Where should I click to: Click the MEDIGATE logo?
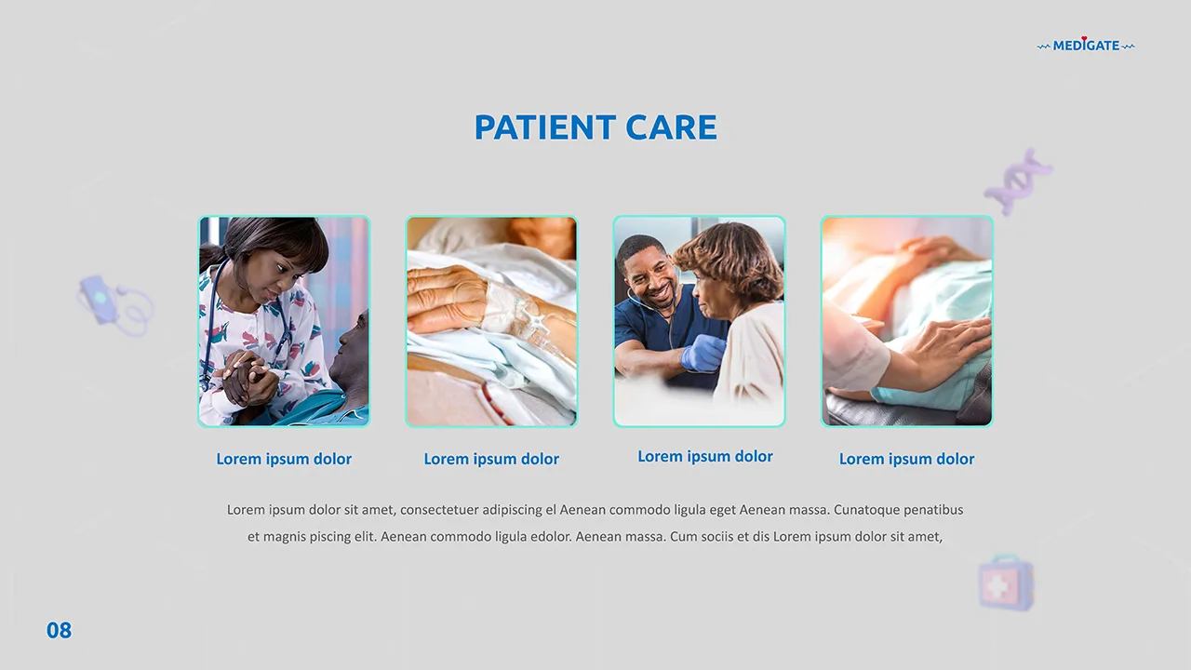1086,46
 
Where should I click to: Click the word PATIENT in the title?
544,127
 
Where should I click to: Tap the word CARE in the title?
671,127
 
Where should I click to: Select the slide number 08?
59,631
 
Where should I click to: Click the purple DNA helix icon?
1018,181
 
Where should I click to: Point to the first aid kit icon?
1006,583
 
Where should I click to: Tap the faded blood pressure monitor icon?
114,304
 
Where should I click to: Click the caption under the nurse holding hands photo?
284,459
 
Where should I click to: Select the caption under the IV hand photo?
491,459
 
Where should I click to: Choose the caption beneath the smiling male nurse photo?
705,456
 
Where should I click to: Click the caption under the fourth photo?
906,459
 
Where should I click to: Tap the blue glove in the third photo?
703,353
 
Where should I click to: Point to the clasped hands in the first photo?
248,379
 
